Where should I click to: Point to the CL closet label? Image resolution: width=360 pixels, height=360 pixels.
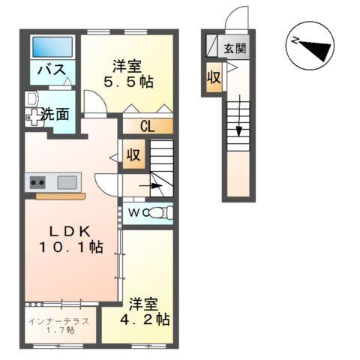[x=147, y=127]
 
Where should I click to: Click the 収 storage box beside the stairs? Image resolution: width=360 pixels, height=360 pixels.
[x=133, y=156]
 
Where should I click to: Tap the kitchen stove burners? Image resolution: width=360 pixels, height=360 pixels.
[x=37, y=181]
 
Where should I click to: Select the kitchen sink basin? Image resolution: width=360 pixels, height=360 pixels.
[x=66, y=181]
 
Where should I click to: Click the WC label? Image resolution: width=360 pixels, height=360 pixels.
[x=136, y=213]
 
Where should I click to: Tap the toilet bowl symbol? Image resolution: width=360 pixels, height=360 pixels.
[x=159, y=213]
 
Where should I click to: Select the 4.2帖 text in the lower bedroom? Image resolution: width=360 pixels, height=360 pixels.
[x=144, y=319]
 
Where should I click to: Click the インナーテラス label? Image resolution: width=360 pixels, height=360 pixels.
[x=59, y=321]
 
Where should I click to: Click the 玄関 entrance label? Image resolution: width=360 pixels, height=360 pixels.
[x=234, y=49]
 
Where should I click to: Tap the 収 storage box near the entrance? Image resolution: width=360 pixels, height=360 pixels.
[x=214, y=77]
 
